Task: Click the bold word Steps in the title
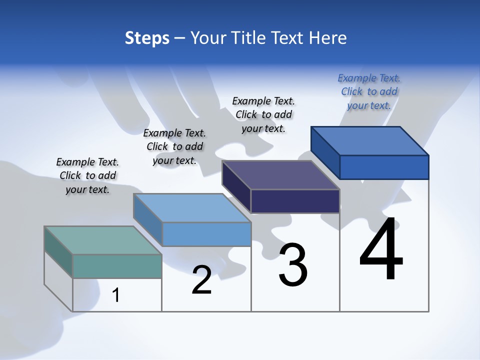coord(147,38)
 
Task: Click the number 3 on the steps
coord(292,265)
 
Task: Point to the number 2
coord(202,280)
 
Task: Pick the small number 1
coord(116,295)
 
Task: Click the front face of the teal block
coord(117,266)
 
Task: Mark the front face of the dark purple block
coord(295,201)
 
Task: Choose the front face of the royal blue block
coord(384,167)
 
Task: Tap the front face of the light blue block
coord(206,234)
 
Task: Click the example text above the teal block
coord(87,175)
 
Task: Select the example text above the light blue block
coord(174,146)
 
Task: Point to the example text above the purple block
coord(263,114)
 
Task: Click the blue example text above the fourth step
coord(369,91)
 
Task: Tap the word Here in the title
coord(328,38)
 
